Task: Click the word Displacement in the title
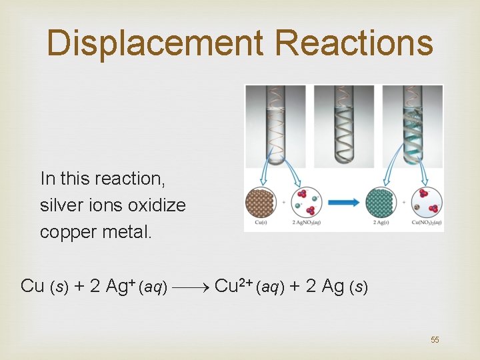tap(155, 43)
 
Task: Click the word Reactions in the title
tap(353, 43)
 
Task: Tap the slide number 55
tap(435, 340)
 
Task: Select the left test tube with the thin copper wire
tap(275, 127)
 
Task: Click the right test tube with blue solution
tap(413, 127)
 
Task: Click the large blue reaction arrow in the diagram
tap(345, 202)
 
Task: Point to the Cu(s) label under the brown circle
tap(261, 223)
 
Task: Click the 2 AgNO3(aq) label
tap(306, 223)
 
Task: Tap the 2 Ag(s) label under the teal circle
tap(382, 223)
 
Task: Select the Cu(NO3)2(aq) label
tap(427, 223)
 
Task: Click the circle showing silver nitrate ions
tap(307, 202)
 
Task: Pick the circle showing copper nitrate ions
tap(427, 202)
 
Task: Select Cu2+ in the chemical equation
tap(231, 285)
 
